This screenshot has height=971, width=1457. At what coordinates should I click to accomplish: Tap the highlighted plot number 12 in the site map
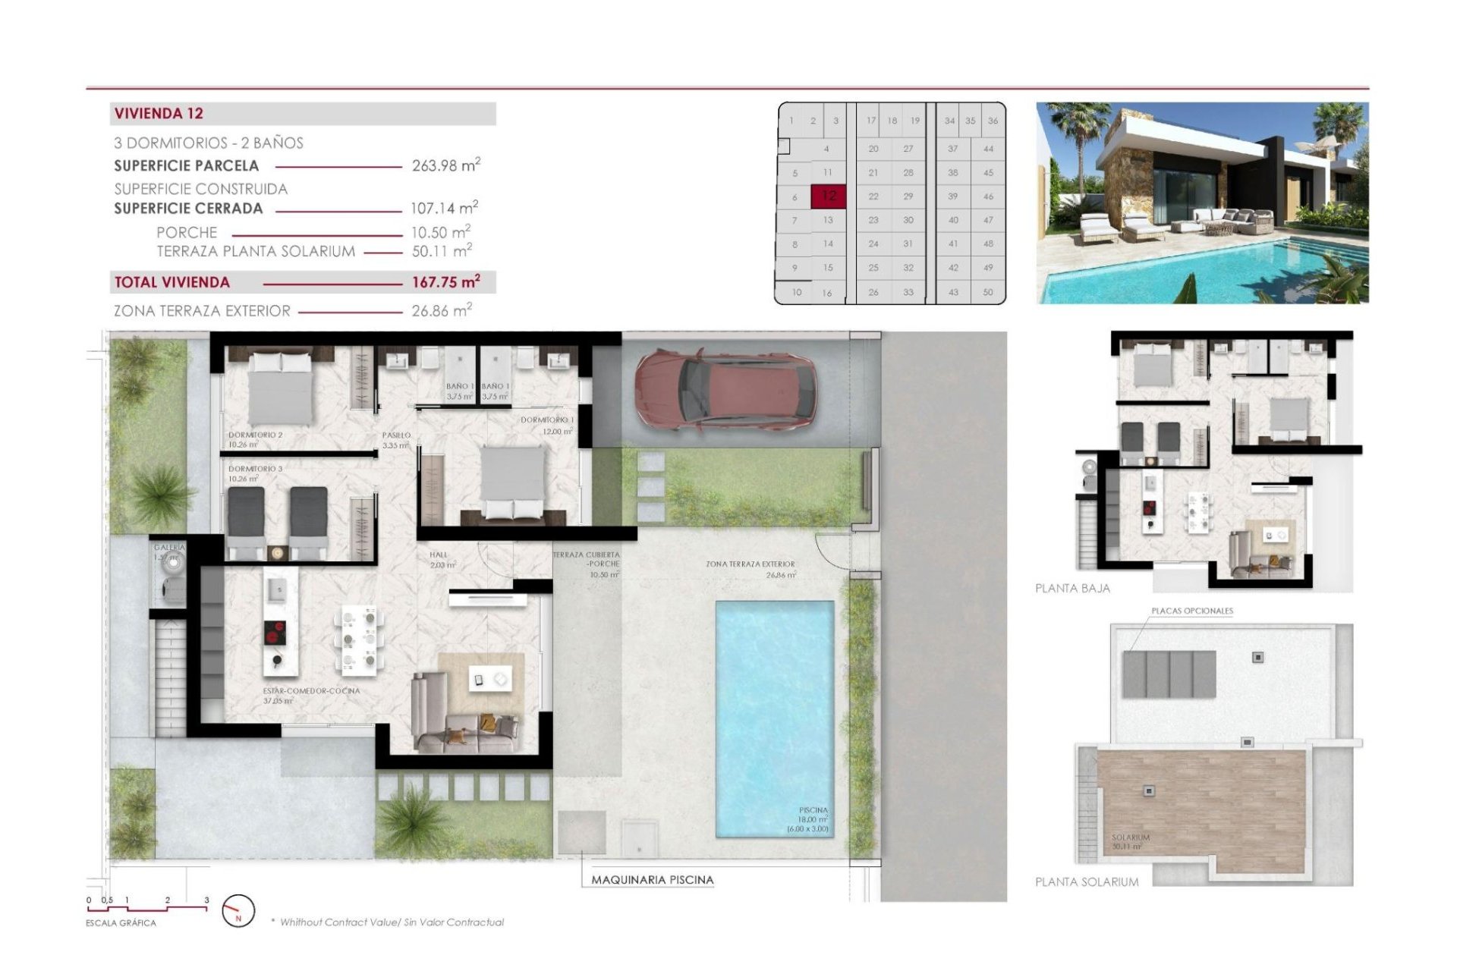click(x=829, y=196)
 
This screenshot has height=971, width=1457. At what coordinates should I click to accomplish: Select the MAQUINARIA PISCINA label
click(x=652, y=880)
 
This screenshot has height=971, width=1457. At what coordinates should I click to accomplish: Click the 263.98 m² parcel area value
click(x=445, y=165)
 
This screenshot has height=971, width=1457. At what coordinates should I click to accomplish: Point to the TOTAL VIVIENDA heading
click(x=172, y=282)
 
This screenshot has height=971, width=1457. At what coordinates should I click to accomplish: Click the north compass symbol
click(x=238, y=911)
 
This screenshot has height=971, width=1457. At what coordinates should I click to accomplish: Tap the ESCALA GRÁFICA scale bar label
click(x=121, y=923)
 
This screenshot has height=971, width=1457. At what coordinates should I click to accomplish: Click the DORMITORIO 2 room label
click(x=255, y=435)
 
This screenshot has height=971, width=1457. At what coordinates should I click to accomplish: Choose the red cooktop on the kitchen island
click(x=275, y=632)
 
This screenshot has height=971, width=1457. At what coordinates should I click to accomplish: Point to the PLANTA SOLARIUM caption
click(x=1086, y=882)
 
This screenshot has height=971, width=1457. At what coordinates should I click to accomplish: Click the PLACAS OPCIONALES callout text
click(x=1191, y=611)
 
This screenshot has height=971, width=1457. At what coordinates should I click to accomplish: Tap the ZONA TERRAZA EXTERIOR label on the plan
click(x=750, y=564)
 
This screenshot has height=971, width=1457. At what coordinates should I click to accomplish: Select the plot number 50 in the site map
click(x=987, y=292)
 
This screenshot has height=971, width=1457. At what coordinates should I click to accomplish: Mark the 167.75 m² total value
click(x=445, y=282)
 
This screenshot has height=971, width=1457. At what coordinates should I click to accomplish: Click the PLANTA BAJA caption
click(x=1072, y=589)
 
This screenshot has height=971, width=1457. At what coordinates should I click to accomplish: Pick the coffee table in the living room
click(x=488, y=679)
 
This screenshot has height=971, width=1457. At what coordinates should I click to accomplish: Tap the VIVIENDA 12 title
click(x=159, y=114)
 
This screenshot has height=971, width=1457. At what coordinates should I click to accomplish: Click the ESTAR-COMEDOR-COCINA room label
click(x=311, y=691)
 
